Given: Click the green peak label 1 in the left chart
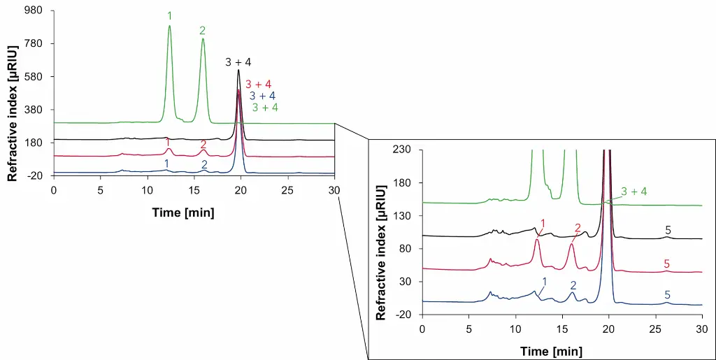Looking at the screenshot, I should tap(169, 15).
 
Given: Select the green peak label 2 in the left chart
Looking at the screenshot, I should tap(203, 31).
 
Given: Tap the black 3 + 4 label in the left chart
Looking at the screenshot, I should tap(238, 62).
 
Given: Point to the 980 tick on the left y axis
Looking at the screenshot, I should tap(34, 11).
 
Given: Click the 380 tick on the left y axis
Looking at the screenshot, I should tap(34, 110).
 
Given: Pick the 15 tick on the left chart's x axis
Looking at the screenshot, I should tap(194, 190).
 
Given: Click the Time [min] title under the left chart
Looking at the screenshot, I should tap(183, 212).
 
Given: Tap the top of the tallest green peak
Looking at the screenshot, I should tap(169, 26).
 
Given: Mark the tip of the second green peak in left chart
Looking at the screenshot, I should tap(203, 39).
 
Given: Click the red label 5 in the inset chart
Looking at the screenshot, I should tap(666, 264).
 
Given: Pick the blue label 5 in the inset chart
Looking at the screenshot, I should tap(667, 295).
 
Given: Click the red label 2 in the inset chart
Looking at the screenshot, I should tap(578, 228).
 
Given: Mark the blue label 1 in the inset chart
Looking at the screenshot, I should tap(544, 280).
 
